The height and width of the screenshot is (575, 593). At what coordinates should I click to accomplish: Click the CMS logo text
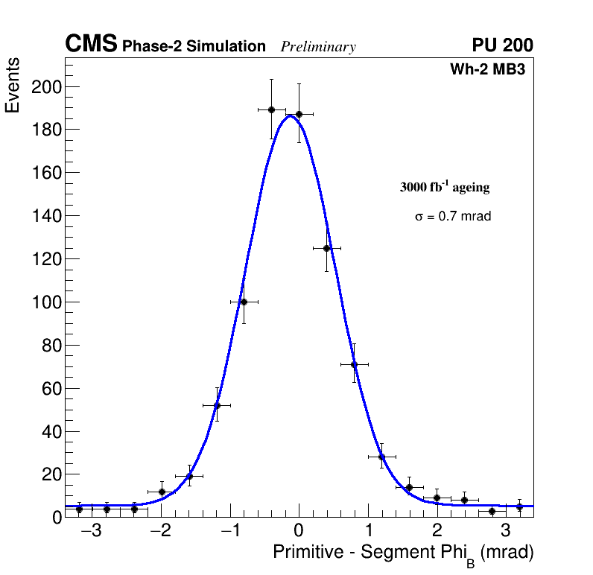[x=91, y=45]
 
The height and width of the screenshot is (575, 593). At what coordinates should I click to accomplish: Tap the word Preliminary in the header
[x=318, y=48]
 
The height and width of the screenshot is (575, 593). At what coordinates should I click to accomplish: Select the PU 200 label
[x=502, y=45]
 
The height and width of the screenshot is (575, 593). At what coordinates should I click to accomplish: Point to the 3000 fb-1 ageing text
[x=445, y=187]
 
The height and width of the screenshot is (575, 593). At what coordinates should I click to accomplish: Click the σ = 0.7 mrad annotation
[x=453, y=217]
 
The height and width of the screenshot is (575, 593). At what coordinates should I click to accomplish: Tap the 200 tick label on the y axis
[x=45, y=87]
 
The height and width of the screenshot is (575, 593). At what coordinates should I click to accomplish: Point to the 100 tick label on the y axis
[x=45, y=302]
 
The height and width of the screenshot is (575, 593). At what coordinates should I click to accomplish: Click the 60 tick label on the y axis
[x=50, y=389]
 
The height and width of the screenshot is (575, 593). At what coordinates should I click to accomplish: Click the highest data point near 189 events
[x=271, y=109]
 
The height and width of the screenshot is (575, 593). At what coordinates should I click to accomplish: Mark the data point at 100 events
[x=244, y=302]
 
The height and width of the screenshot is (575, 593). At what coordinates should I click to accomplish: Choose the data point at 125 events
[x=326, y=248]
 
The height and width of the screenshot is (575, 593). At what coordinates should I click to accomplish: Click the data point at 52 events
[x=217, y=405]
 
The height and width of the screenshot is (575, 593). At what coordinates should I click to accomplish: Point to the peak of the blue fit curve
[x=289, y=115]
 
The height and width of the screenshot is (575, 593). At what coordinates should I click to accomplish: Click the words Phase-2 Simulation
[x=194, y=47]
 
